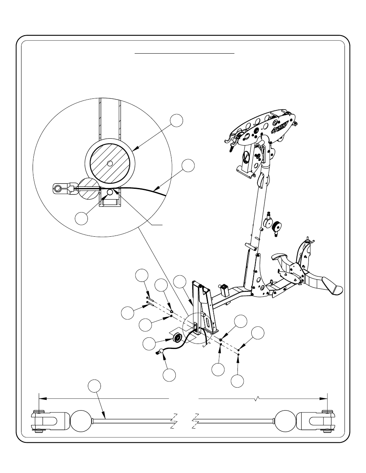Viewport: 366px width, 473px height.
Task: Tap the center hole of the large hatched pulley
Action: [110, 163]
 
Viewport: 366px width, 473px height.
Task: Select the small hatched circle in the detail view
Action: [89, 188]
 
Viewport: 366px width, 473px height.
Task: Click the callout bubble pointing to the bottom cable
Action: [94, 386]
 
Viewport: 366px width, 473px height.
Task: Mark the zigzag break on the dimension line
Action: [256, 399]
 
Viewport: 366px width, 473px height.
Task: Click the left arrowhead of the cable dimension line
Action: [43, 398]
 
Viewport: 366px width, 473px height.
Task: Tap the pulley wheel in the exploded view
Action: [178, 338]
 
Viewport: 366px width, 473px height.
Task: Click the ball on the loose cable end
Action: [162, 351]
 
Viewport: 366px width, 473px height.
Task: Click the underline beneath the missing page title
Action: [185, 54]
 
